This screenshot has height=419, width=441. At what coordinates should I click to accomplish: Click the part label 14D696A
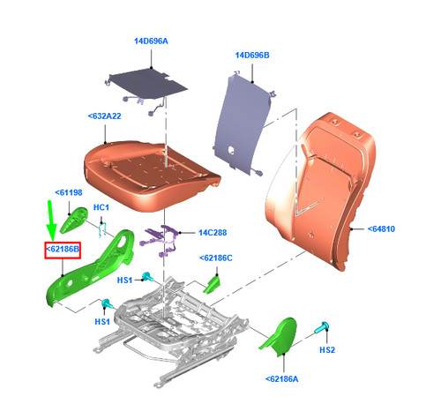click(151, 41)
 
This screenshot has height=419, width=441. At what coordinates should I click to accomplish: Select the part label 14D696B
click(252, 56)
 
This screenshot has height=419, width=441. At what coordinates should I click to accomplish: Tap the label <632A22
click(104, 116)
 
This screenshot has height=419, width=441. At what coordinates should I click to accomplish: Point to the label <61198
click(69, 193)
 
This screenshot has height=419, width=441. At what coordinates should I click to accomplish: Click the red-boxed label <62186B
click(63, 250)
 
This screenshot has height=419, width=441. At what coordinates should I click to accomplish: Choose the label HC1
click(101, 207)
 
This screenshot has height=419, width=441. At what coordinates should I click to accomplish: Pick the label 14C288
click(213, 233)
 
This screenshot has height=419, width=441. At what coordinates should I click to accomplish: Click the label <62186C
click(216, 258)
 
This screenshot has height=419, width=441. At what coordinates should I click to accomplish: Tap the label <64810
click(381, 229)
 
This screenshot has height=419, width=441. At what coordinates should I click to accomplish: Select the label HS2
click(327, 350)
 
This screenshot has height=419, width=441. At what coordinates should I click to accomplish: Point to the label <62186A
click(281, 379)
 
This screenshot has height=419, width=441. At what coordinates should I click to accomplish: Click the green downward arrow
click(51, 221)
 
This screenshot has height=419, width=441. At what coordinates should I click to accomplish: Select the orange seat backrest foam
click(320, 191)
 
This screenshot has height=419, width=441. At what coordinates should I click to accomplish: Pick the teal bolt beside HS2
click(322, 328)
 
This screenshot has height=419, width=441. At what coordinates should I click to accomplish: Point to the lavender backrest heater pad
click(244, 123)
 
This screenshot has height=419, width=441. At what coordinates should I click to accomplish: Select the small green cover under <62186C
click(212, 284)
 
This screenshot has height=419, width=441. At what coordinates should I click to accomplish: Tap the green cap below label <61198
click(74, 220)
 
